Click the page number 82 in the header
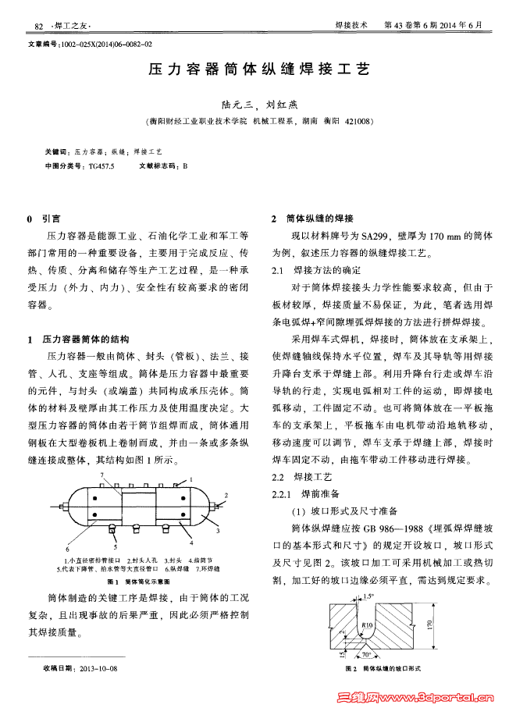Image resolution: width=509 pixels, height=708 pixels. pyautogui.click(x=39, y=27)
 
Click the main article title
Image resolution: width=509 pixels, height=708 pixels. pyautogui.click(x=254, y=69)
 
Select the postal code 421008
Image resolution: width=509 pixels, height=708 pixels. pyautogui.click(x=358, y=121)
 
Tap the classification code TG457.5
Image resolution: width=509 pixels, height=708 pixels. pyautogui.click(x=101, y=166)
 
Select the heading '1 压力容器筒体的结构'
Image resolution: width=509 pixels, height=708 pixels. pyautogui.click(x=83, y=341)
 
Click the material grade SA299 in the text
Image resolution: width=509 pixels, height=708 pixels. pyautogui.click(x=376, y=235)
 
